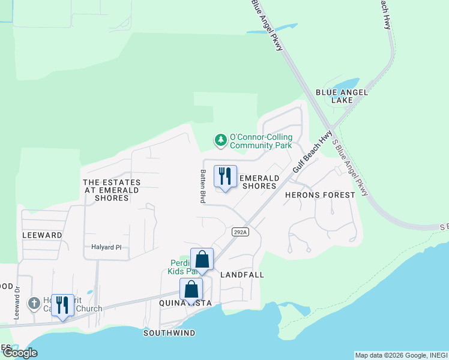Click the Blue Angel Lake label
(x=342, y=96)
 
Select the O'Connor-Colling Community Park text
(x=261, y=141)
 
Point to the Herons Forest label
(x=320, y=196)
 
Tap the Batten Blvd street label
(x=202, y=185)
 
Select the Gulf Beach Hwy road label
(x=313, y=153)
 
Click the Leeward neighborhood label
(x=42, y=235)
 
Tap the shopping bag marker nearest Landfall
(x=202, y=260)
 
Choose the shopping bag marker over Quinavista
(x=191, y=290)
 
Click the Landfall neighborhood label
(x=243, y=274)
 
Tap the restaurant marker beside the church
(x=62, y=305)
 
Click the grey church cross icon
(x=34, y=302)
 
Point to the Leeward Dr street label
(x=17, y=302)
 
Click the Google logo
(x=20, y=353)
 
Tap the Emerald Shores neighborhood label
(x=259, y=182)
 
